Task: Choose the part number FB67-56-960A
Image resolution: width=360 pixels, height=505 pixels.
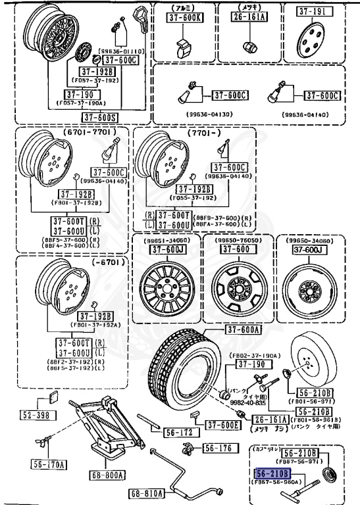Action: point(274,481)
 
